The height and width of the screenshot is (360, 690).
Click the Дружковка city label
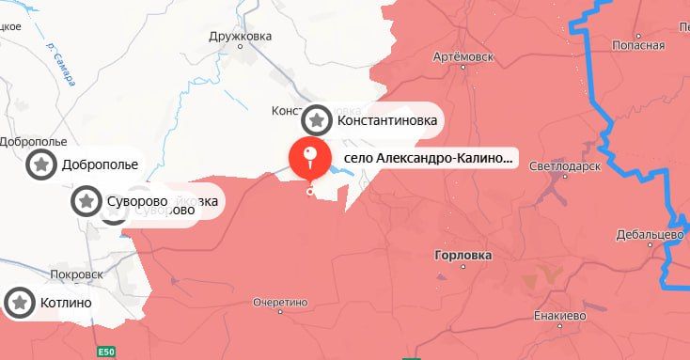coord(241,36)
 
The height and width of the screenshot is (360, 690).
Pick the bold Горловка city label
coord(464,255)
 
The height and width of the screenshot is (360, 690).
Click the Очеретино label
coord(280,303)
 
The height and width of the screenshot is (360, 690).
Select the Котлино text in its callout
coord(66,304)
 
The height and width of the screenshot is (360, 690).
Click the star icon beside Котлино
coord(20,303)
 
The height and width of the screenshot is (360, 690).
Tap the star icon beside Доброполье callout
coord(41,164)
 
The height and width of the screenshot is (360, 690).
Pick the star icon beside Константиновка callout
coord(317,120)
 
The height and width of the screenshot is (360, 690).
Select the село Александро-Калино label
coord(429,159)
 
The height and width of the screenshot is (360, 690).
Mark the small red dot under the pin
coord(311,191)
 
